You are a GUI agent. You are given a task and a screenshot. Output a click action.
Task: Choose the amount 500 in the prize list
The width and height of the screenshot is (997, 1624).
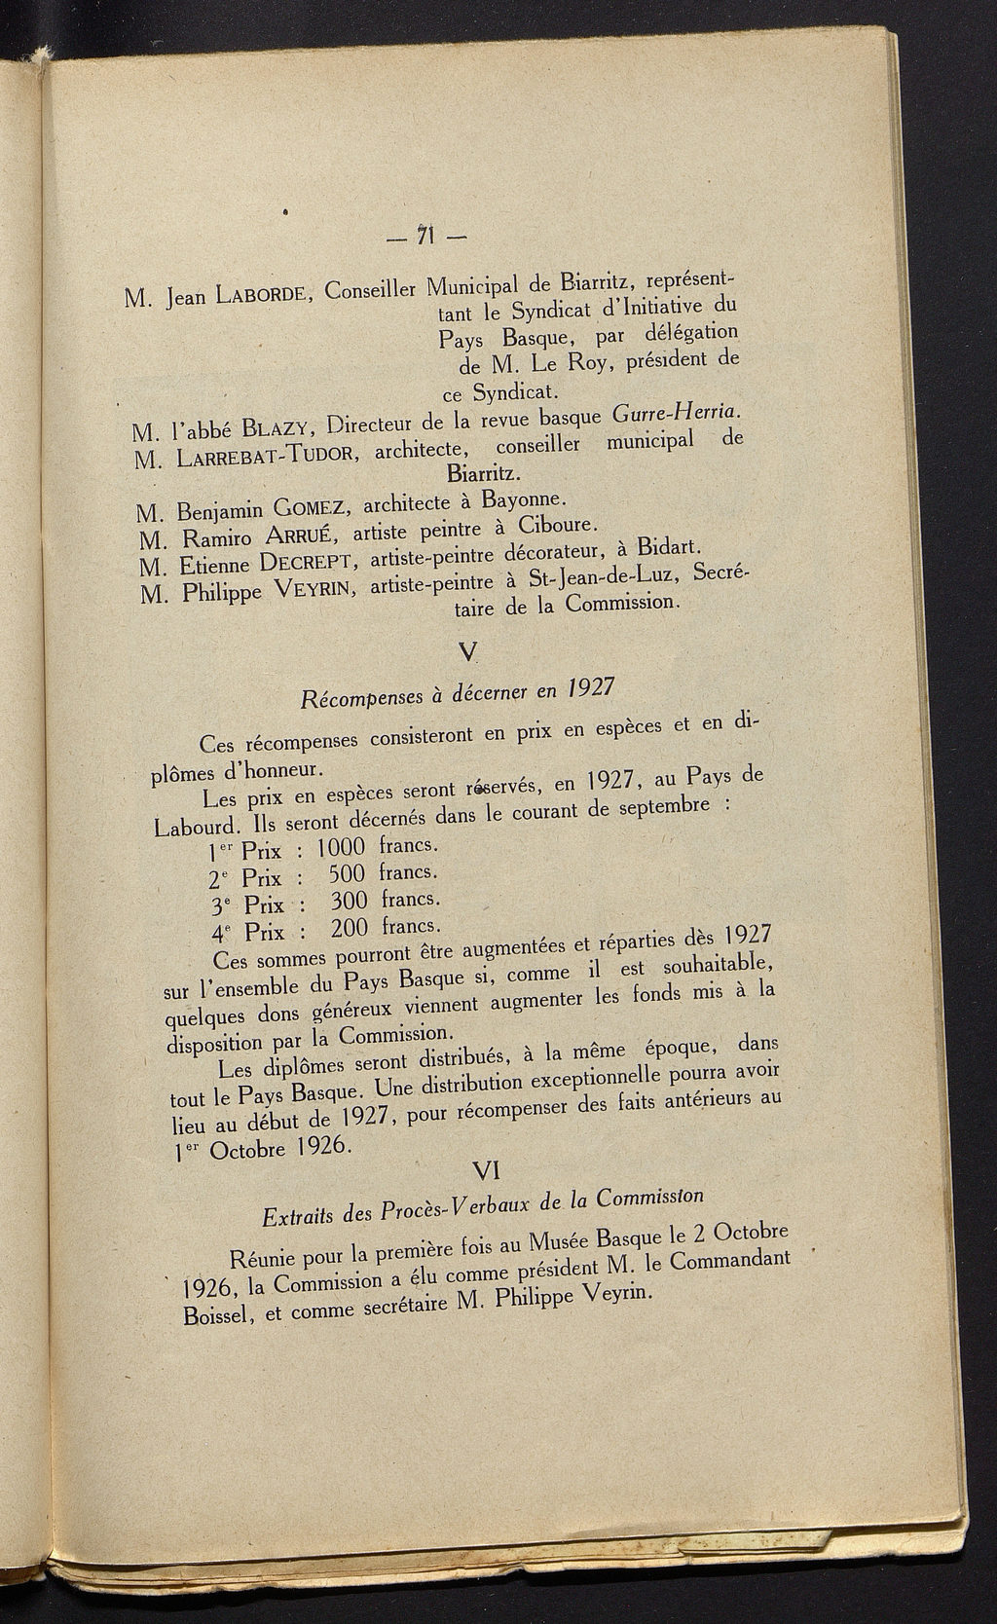point(346,872)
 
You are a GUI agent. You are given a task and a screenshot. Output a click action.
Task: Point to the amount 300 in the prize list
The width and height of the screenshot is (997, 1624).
point(349,900)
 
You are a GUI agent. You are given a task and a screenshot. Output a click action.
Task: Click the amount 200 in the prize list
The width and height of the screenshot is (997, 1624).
point(350,926)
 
